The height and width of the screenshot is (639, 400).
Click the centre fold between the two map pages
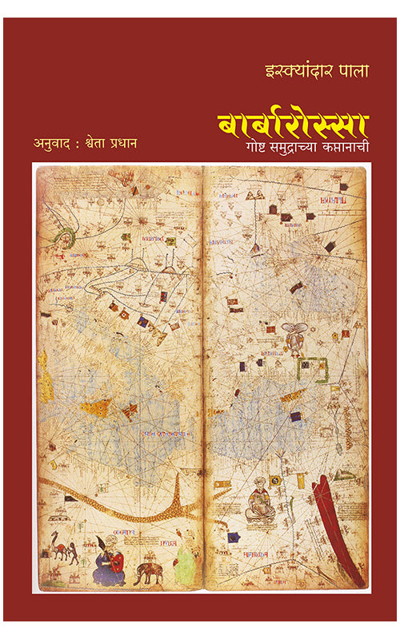202,375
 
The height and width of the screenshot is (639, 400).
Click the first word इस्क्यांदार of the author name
283,69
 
